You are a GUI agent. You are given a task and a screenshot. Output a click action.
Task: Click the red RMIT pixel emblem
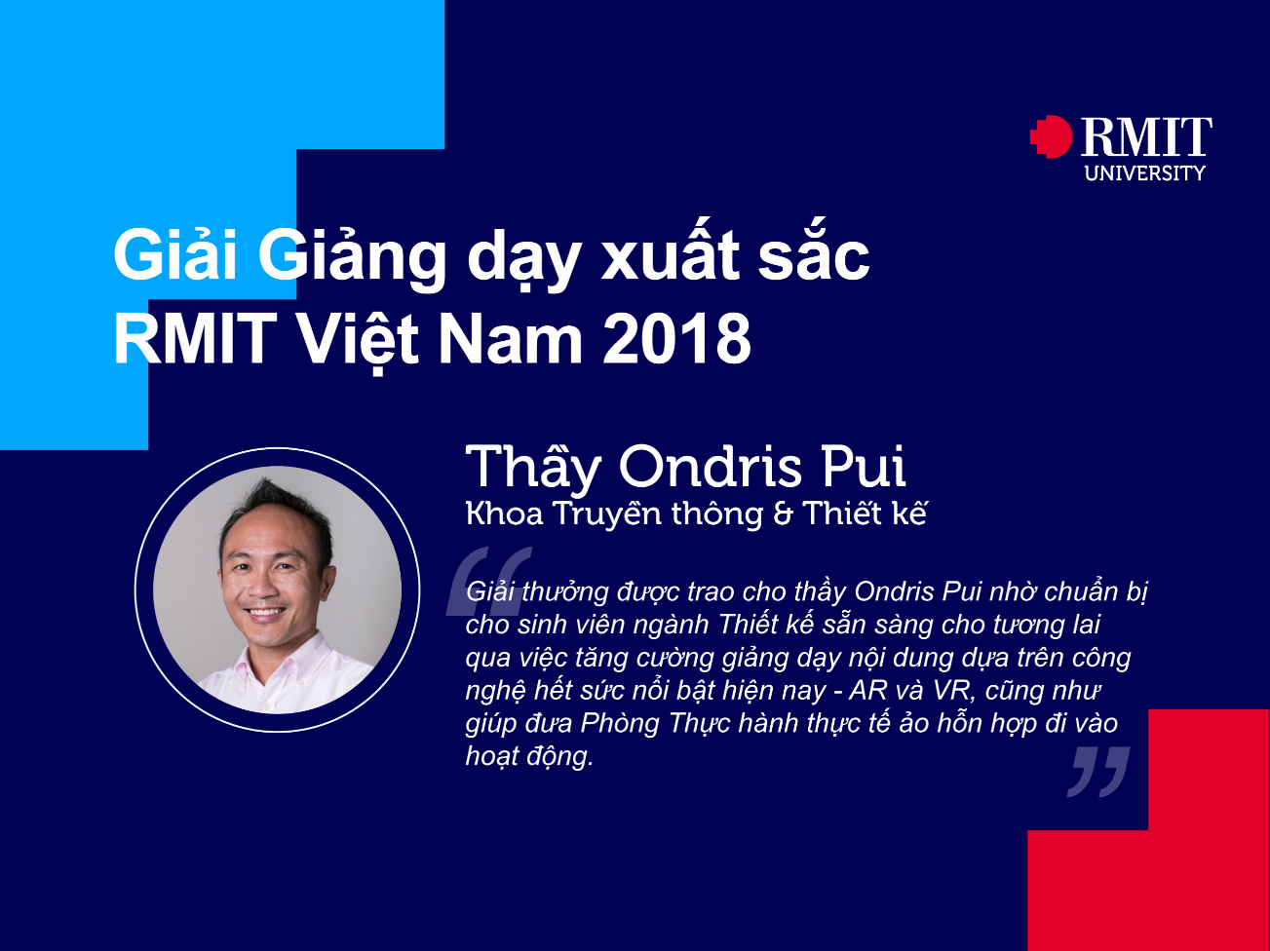1052,136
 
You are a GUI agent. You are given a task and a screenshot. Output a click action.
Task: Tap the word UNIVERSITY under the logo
1144,173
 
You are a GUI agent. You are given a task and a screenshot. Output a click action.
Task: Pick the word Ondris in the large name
712,467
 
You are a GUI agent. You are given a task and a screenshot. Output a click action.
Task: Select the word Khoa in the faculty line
504,514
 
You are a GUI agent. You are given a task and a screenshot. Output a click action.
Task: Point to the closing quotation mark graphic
1098,770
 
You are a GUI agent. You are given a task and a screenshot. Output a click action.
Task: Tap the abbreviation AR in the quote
868,691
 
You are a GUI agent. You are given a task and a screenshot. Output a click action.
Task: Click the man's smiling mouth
265,614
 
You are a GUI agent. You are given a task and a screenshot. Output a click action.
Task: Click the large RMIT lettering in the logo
1146,137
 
